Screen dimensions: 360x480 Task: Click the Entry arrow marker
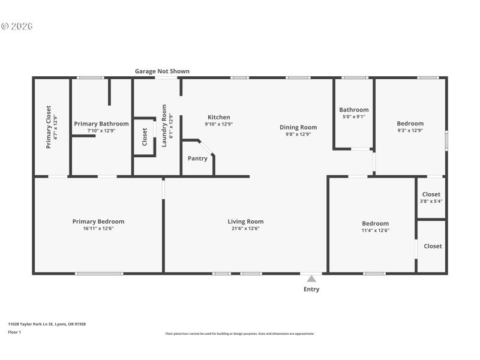311,278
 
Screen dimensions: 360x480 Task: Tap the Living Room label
245,221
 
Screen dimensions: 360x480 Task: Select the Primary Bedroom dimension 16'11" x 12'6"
98,229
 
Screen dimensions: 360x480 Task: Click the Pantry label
197,158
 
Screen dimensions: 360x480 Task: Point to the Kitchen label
219,117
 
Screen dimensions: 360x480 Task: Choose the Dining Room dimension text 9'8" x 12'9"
298,134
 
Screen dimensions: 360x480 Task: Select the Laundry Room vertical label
164,125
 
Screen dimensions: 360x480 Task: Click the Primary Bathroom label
101,124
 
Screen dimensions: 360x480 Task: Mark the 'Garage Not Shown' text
162,71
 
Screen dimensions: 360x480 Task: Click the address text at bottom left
47,324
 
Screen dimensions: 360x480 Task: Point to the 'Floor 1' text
14,332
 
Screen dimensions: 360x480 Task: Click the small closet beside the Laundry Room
145,136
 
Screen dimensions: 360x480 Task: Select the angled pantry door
206,148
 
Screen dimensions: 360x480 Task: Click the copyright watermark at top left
16,26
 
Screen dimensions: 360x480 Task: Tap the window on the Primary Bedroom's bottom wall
98,274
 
